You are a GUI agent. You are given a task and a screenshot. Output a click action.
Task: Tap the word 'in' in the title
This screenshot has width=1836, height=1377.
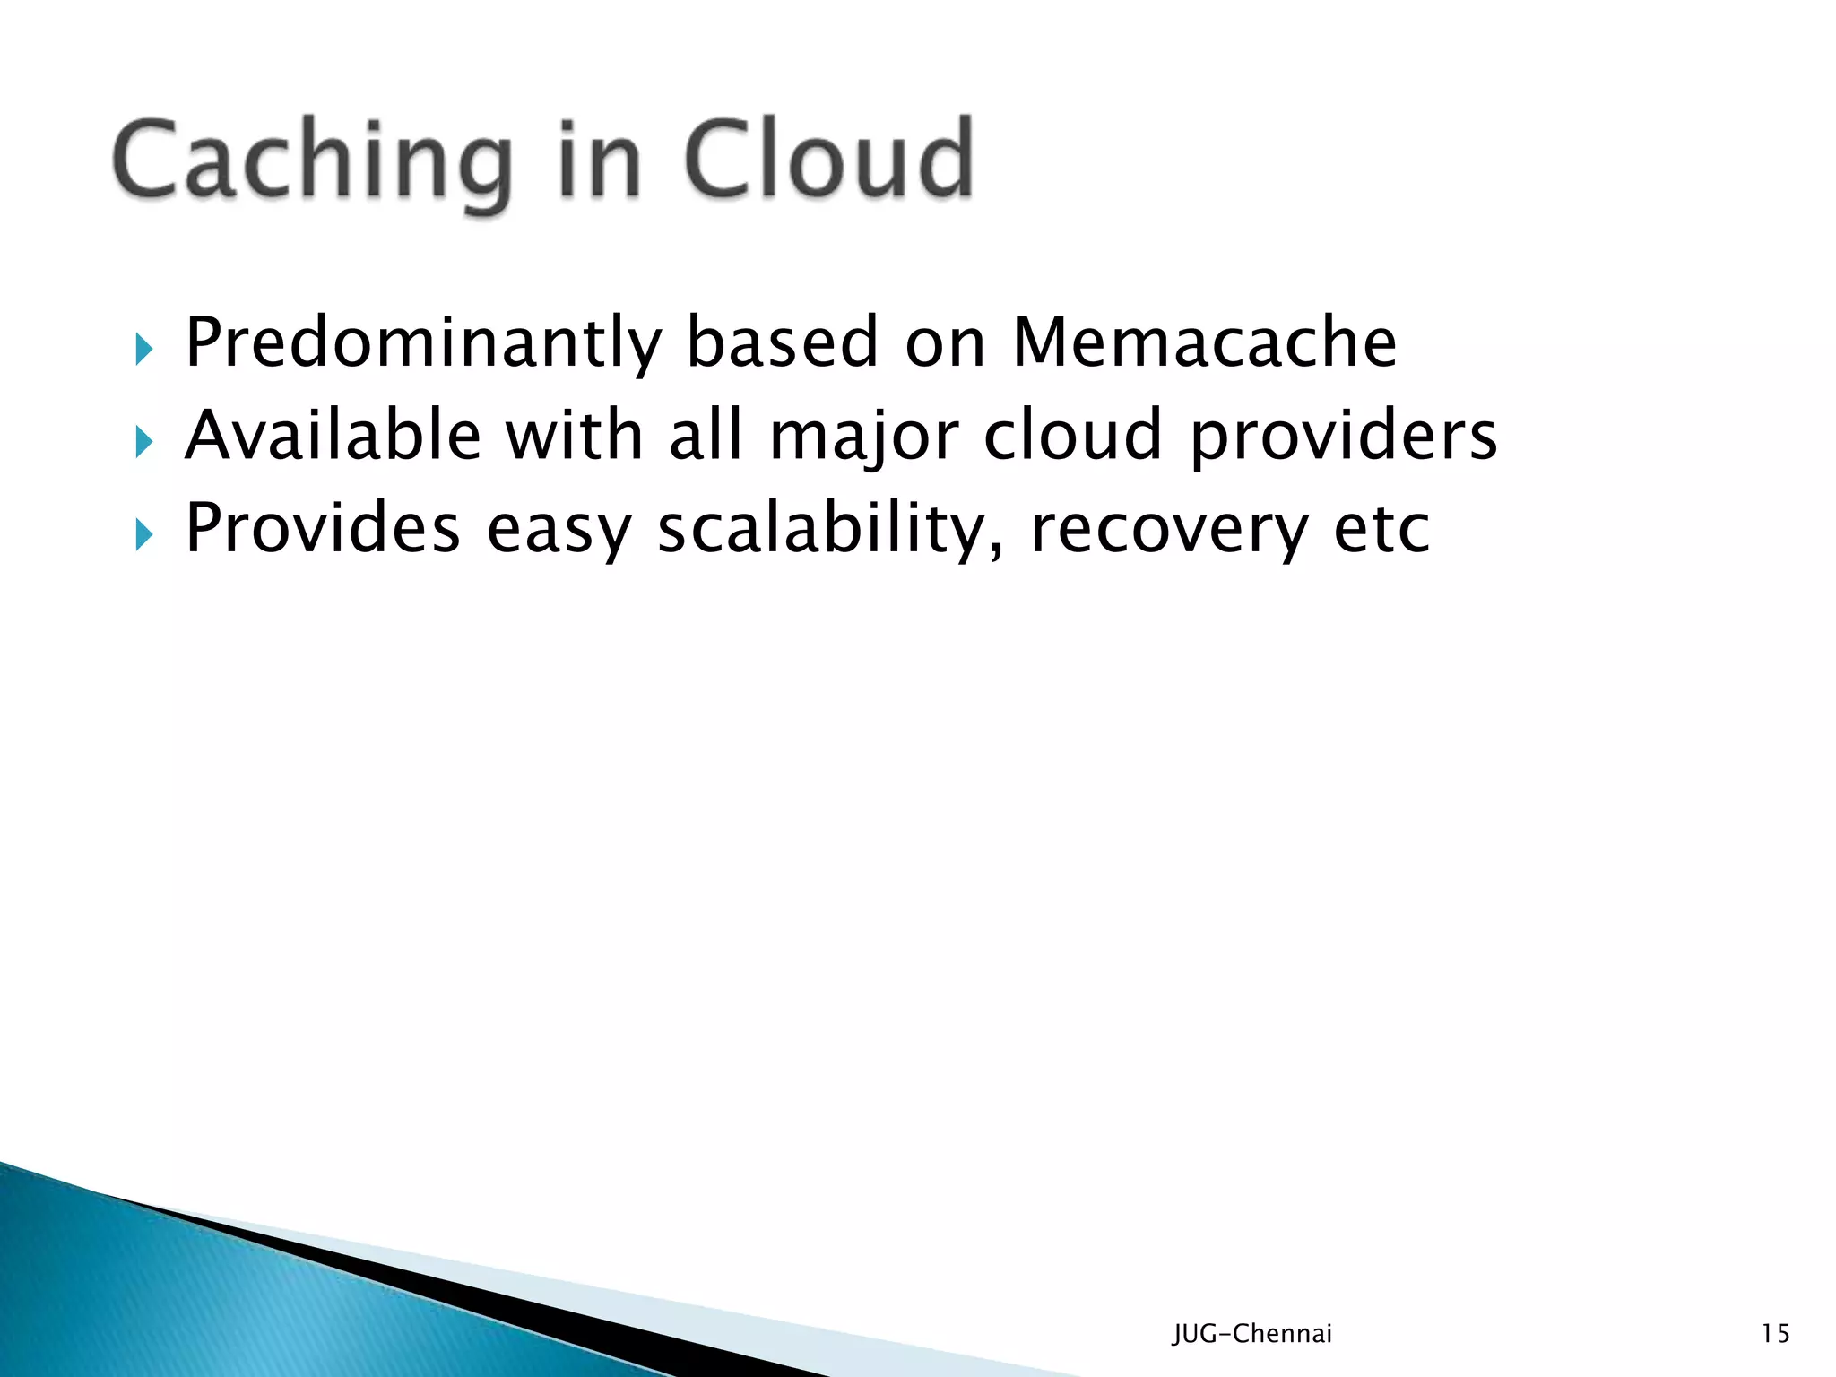coord(598,161)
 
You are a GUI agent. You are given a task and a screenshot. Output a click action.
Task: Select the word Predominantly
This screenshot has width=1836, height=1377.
coord(423,342)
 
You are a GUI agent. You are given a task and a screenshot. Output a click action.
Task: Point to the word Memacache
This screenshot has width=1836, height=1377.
coord(1204,342)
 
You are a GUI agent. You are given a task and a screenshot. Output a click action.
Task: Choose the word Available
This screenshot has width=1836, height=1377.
coord(333,436)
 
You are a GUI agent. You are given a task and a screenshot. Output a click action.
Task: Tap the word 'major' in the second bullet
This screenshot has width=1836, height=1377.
coord(864,437)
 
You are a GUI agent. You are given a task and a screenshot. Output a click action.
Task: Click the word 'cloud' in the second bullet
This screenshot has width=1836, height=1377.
coord(1073,436)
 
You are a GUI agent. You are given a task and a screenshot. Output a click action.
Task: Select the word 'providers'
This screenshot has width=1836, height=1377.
coord(1343,437)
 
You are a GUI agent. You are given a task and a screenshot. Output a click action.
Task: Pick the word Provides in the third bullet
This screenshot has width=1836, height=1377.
coord(323,528)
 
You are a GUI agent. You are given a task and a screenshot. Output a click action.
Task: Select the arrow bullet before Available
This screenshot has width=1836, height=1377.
coord(143,441)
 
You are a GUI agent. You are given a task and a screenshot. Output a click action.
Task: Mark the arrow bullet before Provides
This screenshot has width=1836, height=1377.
coord(143,534)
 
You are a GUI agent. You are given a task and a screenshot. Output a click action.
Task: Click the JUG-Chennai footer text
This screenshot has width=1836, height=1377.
coord(1252,1334)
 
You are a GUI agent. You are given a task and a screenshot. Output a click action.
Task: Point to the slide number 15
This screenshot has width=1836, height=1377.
coord(1775,1334)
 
